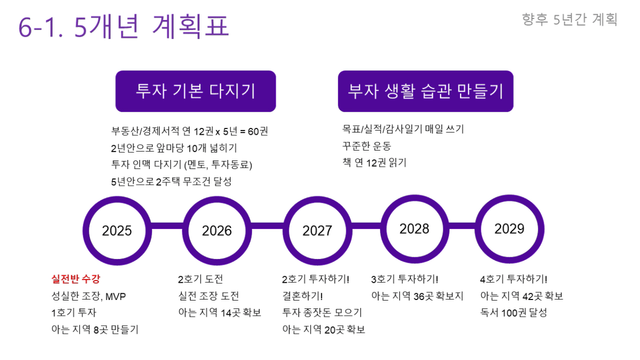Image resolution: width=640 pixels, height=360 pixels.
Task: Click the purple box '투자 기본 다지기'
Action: pos(196,91)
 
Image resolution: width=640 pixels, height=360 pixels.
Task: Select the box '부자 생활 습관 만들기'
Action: pos(426,91)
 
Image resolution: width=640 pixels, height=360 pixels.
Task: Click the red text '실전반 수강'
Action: pos(76,279)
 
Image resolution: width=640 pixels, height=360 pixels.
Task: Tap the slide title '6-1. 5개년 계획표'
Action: pos(124,26)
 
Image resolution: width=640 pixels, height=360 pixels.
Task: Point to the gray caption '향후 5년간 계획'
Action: pos(569,19)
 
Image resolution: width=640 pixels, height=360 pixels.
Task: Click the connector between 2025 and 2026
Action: pos(167,226)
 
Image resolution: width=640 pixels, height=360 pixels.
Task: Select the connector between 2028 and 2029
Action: pos(462,226)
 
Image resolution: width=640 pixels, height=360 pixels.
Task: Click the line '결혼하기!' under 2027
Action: pos(303,296)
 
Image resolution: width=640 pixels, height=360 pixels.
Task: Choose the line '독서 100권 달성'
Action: pos(514,313)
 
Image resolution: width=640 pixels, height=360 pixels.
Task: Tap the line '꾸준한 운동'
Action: pos(366,146)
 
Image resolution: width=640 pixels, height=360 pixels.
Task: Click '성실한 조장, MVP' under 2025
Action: pos(88,296)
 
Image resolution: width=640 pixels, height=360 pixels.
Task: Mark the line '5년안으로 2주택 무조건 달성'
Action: pos(171,182)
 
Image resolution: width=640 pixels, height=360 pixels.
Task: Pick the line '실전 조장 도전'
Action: pos(208,296)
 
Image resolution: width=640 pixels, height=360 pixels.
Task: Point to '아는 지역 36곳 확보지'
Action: pos(417,296)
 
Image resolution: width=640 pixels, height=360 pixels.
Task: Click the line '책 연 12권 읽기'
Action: pos(374,163)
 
